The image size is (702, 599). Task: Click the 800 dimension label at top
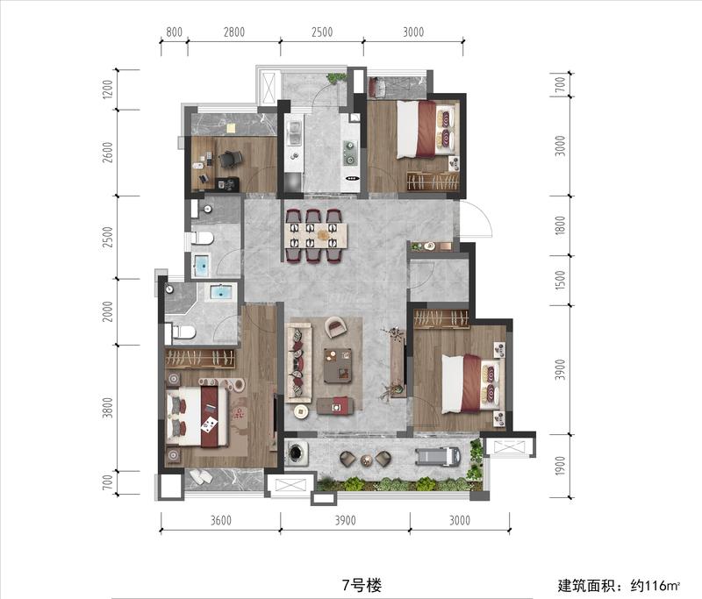(174, 32)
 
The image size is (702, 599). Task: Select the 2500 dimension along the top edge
(322, 32)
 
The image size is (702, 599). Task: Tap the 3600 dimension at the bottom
(221, 520)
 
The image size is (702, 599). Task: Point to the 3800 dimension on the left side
(107, 408)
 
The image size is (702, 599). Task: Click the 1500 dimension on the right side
(560, 280)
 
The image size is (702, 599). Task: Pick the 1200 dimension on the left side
(107, 89)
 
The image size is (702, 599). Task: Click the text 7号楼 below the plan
(362, 585)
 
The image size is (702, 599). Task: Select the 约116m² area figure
(655, 585)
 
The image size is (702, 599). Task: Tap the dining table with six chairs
(316, 235)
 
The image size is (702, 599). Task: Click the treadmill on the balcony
(438, 456)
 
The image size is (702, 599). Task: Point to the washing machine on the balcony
(297, 453)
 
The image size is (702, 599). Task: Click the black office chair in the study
(230, 159)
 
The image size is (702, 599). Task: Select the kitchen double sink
(295, 133)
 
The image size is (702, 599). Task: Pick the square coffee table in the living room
(338, 365)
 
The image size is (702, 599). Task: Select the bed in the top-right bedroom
(426, 129)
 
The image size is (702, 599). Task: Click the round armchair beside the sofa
(336, 327)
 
